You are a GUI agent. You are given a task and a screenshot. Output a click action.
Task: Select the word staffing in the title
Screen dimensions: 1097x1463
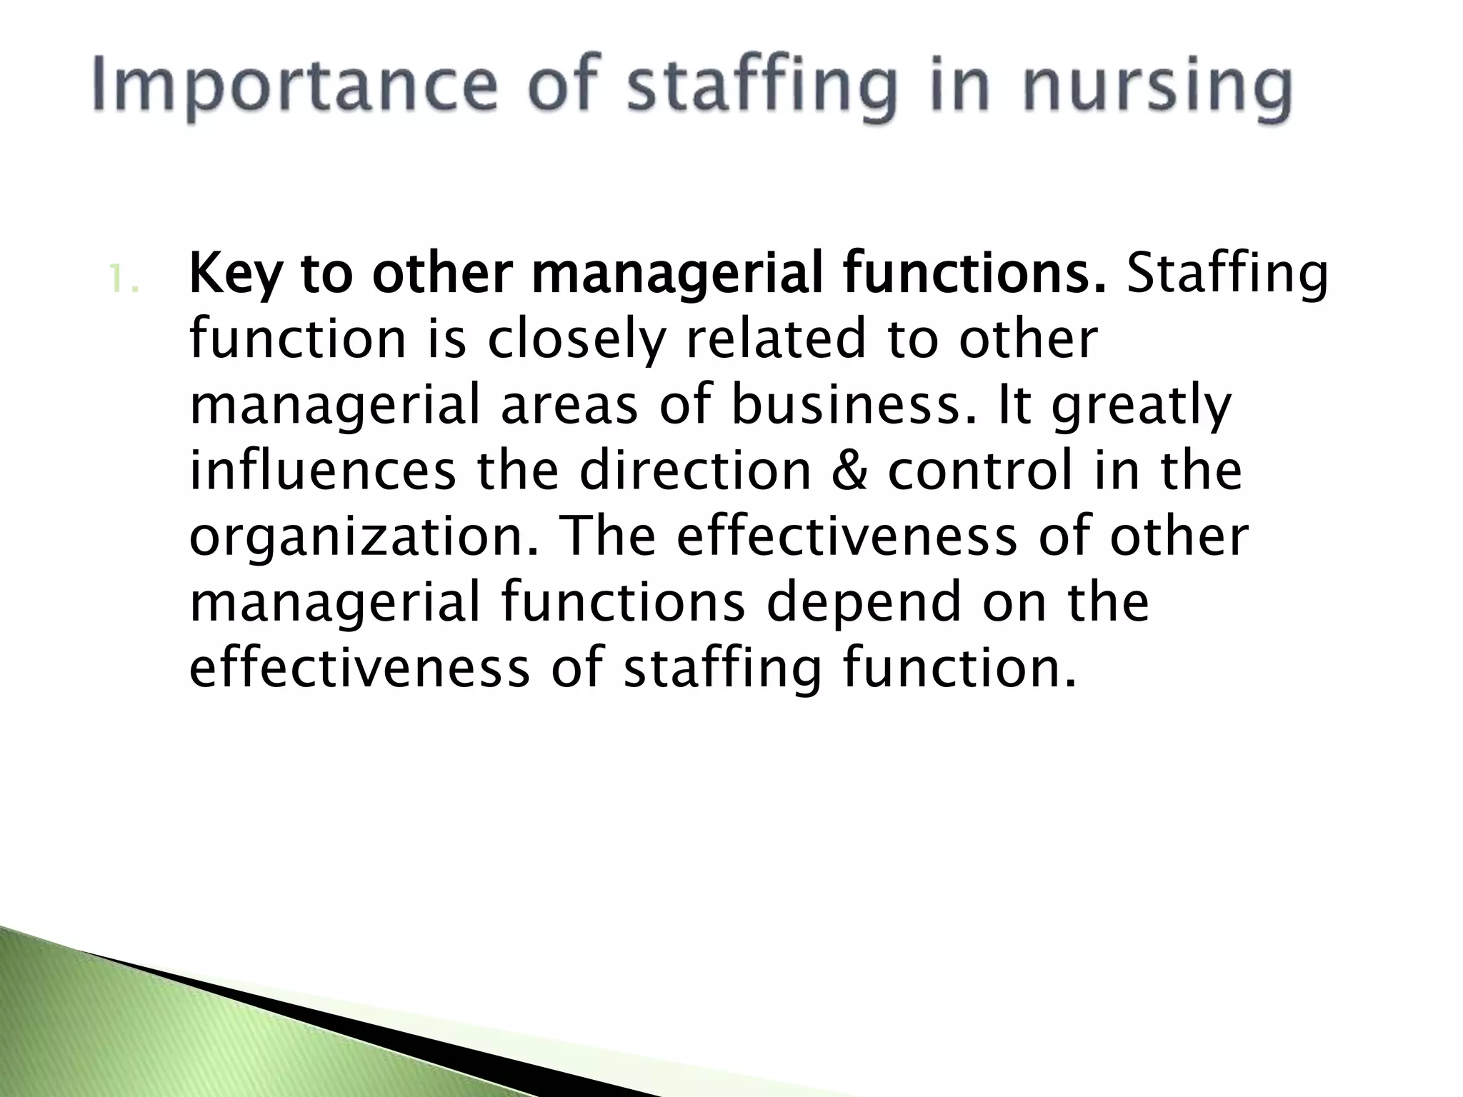(761, 89)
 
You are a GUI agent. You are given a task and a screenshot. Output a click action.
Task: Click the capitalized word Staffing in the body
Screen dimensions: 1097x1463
(1227, 274)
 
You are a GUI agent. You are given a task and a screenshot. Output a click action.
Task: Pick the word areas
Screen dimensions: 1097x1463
(569, 406)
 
